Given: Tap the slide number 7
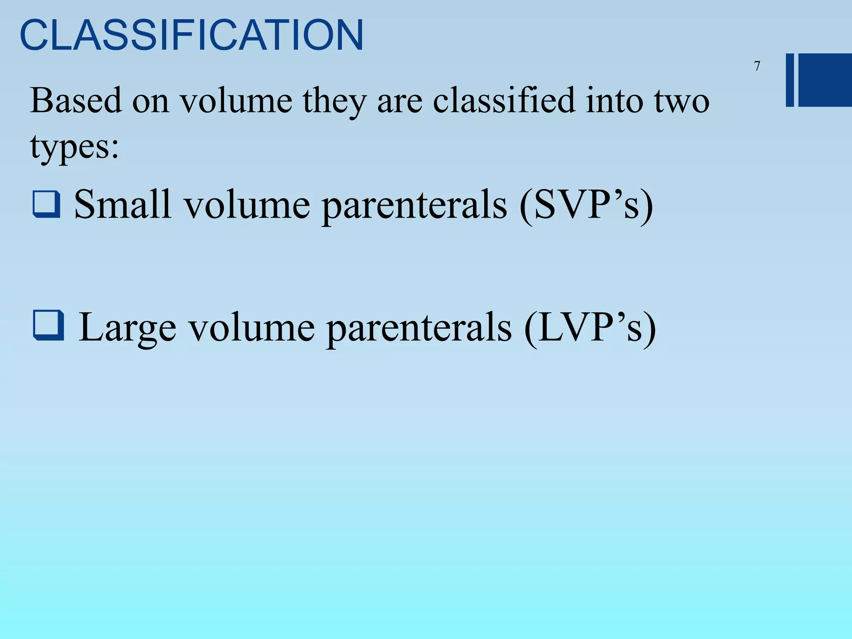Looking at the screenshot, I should [757, 66].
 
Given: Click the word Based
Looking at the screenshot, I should [76, 101].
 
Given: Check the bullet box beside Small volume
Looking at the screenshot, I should [46, 204].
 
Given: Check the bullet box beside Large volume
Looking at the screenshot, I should [48, 325].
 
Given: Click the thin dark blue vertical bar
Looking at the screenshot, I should [790, 80].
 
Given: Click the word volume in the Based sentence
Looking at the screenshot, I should [236, 101].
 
